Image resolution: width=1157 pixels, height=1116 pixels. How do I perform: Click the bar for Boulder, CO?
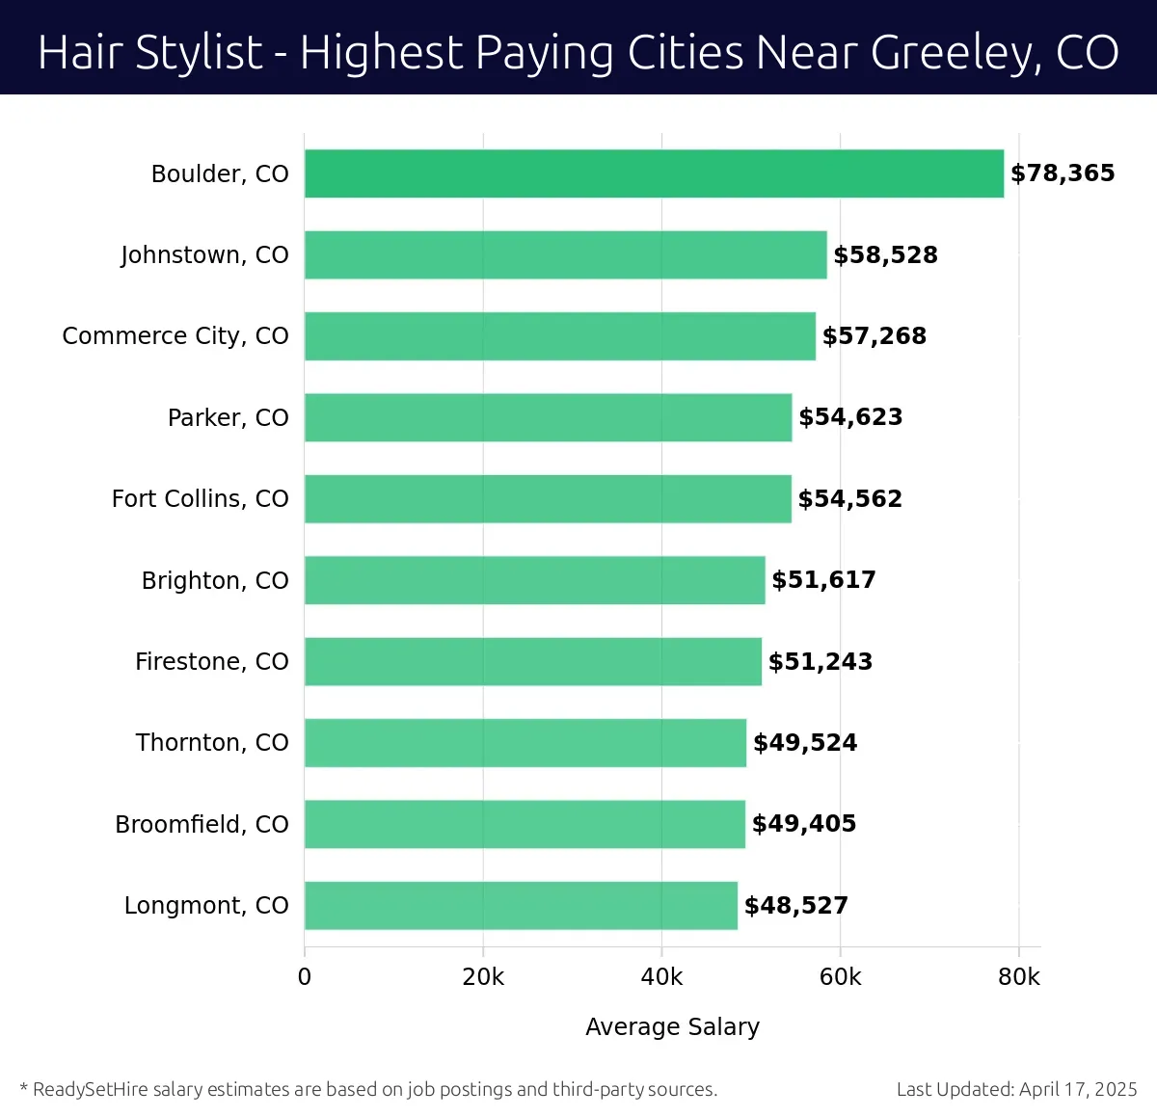[x=654, y=173]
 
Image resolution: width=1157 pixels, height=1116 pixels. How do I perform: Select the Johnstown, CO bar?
[x=565, y=254]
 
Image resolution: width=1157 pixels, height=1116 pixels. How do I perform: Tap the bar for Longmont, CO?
[x=521, y=905]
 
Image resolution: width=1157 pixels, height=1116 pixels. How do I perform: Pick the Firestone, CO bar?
[x=532, y=661]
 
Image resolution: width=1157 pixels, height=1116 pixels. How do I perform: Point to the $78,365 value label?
[x=1063, y=173]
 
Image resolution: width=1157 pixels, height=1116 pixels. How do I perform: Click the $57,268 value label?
[x=874, y=335]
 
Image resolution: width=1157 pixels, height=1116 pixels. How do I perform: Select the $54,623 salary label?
[x=850, y=417]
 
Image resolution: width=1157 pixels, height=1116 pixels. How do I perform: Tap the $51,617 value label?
[x=823, y=579]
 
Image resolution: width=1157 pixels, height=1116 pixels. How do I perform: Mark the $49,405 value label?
[x=804, y=824]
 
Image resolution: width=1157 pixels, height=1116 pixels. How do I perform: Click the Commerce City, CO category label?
[x=175, y=335]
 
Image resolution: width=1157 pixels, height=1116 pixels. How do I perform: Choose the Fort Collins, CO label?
[x=200, y=498]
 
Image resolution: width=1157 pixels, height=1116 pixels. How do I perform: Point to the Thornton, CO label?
[x=212, y=742]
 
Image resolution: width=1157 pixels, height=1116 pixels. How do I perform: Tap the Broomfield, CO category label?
[x=202, y=824]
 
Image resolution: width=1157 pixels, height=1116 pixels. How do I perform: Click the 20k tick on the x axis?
[x=483, y=977]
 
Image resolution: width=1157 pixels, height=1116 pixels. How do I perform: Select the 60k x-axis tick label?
[x=840, y=977]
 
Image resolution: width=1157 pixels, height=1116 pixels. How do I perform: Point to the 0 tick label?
[x=305, y=977]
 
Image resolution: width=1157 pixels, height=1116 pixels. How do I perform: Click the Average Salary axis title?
[x=672, y=1026]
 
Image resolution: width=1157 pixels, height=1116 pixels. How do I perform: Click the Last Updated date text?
[x=1016, y=1089]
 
